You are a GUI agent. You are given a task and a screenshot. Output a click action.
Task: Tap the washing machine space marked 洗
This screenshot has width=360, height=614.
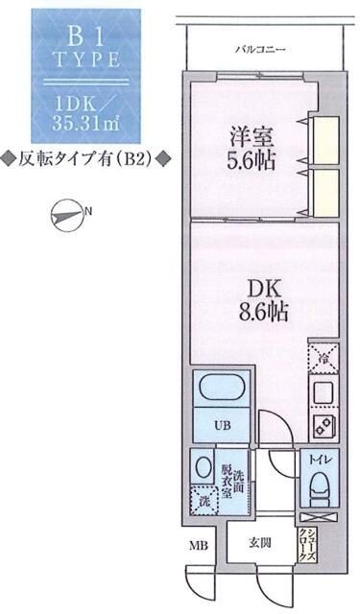(x=203, y=499)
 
